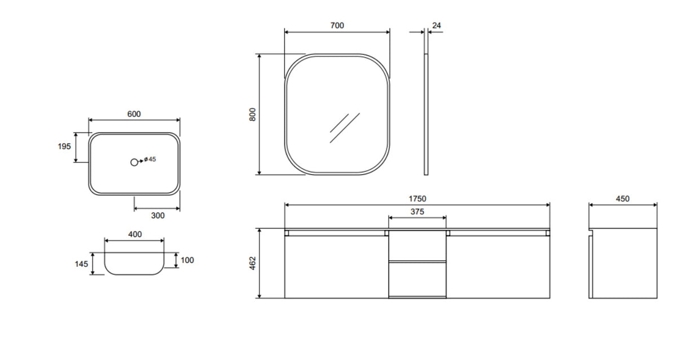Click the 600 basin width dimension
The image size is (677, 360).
pos(134,114)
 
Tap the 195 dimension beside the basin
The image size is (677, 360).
pos(64,146)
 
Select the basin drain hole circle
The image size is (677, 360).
pos(134,163)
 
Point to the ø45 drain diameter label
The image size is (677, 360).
pos(150,159)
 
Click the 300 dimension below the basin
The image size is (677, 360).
pos(158,216)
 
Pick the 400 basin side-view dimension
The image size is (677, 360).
pos(135,234)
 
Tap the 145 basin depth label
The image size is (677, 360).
pos(81,264)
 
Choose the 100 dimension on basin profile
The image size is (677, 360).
pos(187,260)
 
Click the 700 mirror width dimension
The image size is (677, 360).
pos(337,25)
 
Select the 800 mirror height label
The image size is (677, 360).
pos(252,115)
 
